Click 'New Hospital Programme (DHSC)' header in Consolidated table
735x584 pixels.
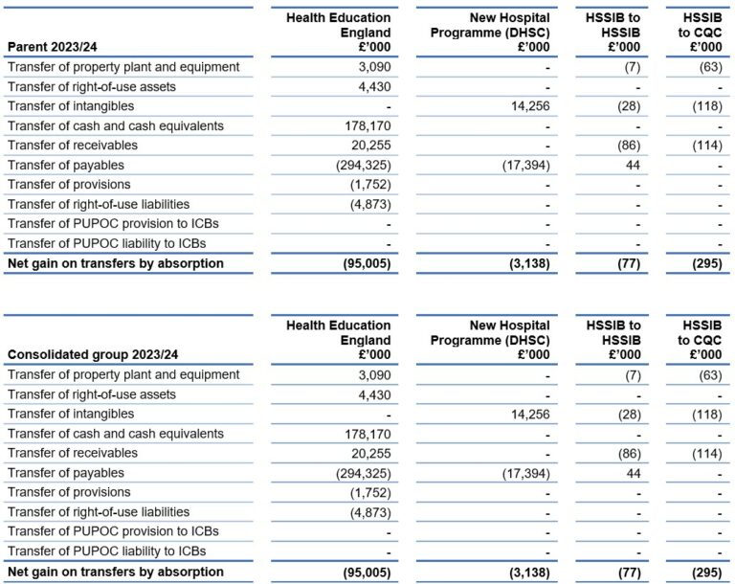[x=490, y=340]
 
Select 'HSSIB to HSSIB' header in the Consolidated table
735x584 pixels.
[x=613, y=340]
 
